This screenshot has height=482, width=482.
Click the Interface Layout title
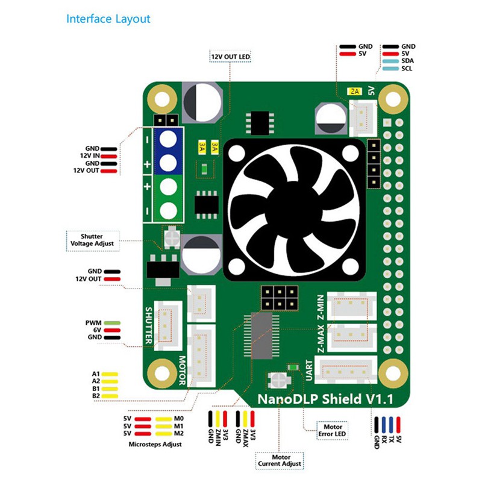108,19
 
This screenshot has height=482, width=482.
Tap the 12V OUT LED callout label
230,57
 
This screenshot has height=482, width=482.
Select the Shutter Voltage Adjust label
92,240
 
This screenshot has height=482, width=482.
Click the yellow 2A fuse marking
354,92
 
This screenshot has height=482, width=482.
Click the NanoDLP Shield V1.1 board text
325,398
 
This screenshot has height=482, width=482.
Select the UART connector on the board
347,370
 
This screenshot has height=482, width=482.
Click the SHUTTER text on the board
149,326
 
